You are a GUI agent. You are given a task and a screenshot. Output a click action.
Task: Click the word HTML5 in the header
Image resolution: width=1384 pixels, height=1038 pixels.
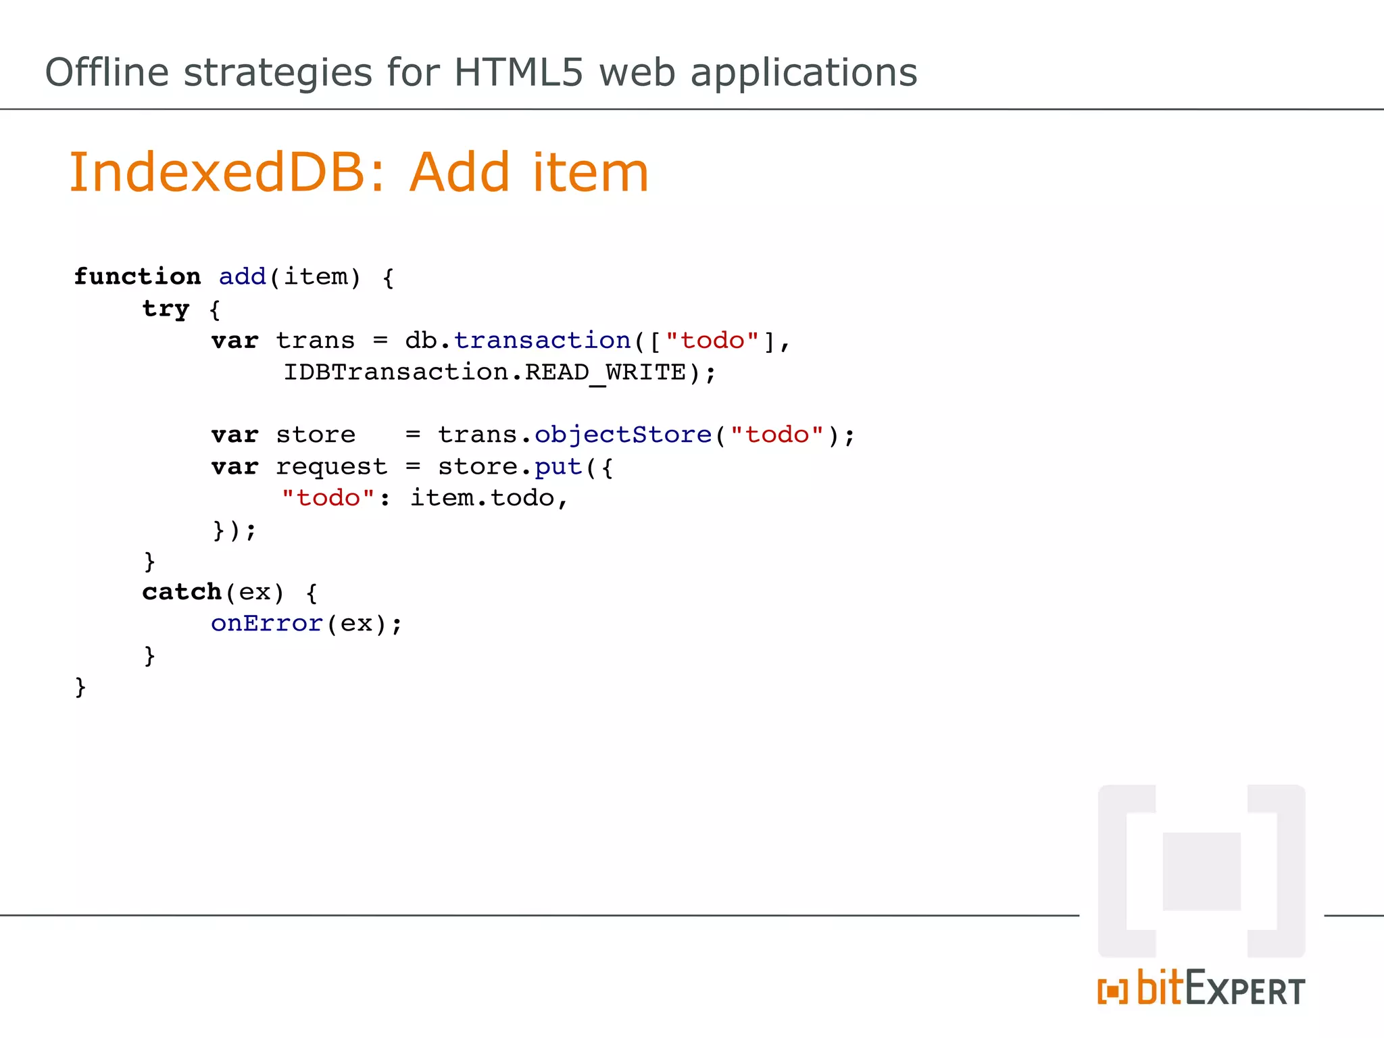518,72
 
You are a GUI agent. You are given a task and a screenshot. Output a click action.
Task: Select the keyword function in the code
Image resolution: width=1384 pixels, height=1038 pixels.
137,276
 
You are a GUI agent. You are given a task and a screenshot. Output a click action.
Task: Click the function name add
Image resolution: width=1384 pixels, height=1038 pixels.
243,276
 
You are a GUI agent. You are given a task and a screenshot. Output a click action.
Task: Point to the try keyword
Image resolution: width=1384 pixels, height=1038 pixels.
166,309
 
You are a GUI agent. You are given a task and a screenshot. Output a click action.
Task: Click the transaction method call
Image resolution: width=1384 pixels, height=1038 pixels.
542,341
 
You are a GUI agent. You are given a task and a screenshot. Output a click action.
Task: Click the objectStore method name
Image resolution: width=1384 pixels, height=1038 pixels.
623,435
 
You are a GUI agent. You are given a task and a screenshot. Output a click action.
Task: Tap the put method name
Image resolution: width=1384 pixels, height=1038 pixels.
558,467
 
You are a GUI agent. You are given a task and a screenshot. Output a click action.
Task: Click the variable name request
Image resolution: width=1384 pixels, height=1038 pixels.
331,467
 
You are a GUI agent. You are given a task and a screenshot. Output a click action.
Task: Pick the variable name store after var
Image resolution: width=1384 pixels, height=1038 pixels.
316,435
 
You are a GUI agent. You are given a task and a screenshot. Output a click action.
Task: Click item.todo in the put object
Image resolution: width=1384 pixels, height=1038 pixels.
483,498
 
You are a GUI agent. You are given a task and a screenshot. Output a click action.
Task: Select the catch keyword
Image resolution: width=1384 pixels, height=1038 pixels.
182,592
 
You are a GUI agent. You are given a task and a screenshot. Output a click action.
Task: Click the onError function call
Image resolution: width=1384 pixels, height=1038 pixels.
266,624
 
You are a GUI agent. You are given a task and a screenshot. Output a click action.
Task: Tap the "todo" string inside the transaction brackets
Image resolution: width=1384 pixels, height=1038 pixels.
713,341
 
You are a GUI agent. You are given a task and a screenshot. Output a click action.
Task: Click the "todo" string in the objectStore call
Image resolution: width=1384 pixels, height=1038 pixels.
777,435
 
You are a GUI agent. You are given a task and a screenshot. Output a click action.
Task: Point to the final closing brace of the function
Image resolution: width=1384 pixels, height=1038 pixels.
80,687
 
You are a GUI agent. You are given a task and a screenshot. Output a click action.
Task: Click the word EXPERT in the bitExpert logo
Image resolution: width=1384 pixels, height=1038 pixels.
1245,991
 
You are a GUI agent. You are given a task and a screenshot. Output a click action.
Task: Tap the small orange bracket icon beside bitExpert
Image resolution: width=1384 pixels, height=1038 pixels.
1112,991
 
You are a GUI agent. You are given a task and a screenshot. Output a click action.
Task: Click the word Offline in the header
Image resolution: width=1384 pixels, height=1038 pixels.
107,72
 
